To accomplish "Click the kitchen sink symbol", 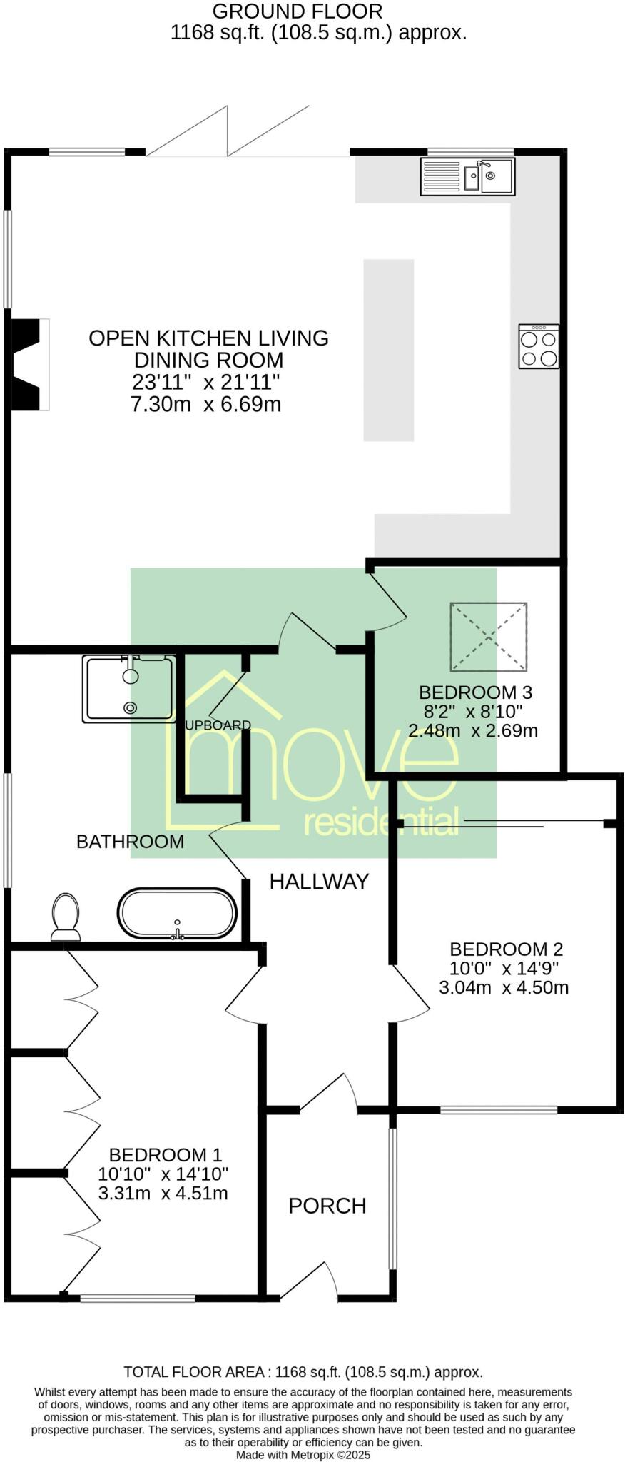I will pos(467,176).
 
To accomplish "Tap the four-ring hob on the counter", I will pos(539,346).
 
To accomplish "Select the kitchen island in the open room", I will pos(388,350).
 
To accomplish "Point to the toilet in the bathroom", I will pos(66,917).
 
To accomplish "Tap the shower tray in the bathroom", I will pos(128,689).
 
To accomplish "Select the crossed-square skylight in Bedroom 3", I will pos(489,637).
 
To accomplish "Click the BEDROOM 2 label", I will pos(506,949).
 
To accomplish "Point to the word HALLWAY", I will pos(319,882).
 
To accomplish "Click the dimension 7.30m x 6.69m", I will pos(205,405).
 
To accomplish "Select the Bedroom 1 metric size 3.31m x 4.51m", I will pos(163,1193).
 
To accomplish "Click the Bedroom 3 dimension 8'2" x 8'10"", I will pos(473,711).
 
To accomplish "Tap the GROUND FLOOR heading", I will pos(298,11).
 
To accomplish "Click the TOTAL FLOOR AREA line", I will pos(303,1371).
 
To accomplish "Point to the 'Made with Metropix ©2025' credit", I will pos(303,1454).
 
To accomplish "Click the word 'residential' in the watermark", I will pos(381,822).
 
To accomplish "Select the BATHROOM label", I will pos(130,841).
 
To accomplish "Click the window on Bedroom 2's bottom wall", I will pos(498,1109).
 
